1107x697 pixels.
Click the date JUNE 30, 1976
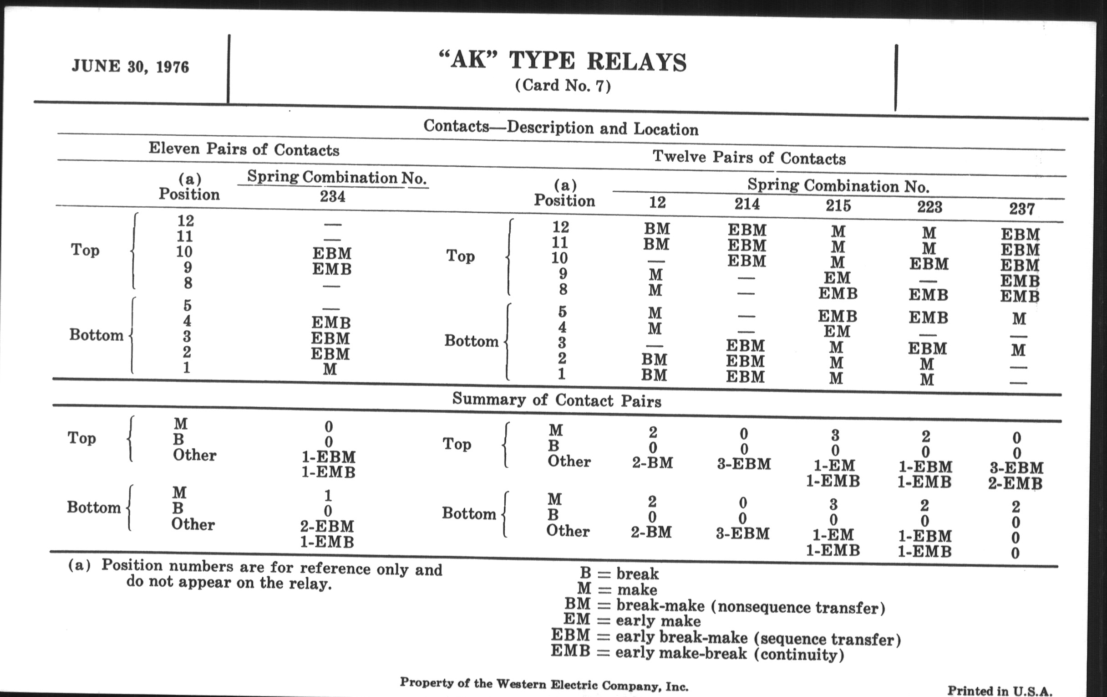pos(130,67)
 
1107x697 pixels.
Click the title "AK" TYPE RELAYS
pos(563,61)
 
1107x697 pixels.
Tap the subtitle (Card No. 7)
pos(563,86)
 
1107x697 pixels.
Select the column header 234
pos(332,197)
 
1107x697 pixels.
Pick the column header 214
pos(747,204)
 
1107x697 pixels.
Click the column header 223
pos(929,207)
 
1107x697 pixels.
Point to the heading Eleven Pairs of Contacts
pos(244,149)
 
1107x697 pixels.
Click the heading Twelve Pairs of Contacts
pos(749,158)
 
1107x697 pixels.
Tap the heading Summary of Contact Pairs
pos(557,400)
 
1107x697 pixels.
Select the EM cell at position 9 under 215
pos(837,278)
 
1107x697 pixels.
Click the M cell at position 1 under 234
pos(330,369)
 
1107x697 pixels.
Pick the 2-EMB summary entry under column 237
pos(1015,483)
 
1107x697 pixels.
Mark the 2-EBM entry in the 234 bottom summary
pos(327,526)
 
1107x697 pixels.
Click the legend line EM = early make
pos(632,620)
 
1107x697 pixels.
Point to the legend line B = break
pos(619,574)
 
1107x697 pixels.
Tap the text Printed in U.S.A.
pos(1000,691)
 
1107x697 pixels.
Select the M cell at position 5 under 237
pos(1019,319)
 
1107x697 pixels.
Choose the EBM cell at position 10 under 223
pos(929,264)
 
